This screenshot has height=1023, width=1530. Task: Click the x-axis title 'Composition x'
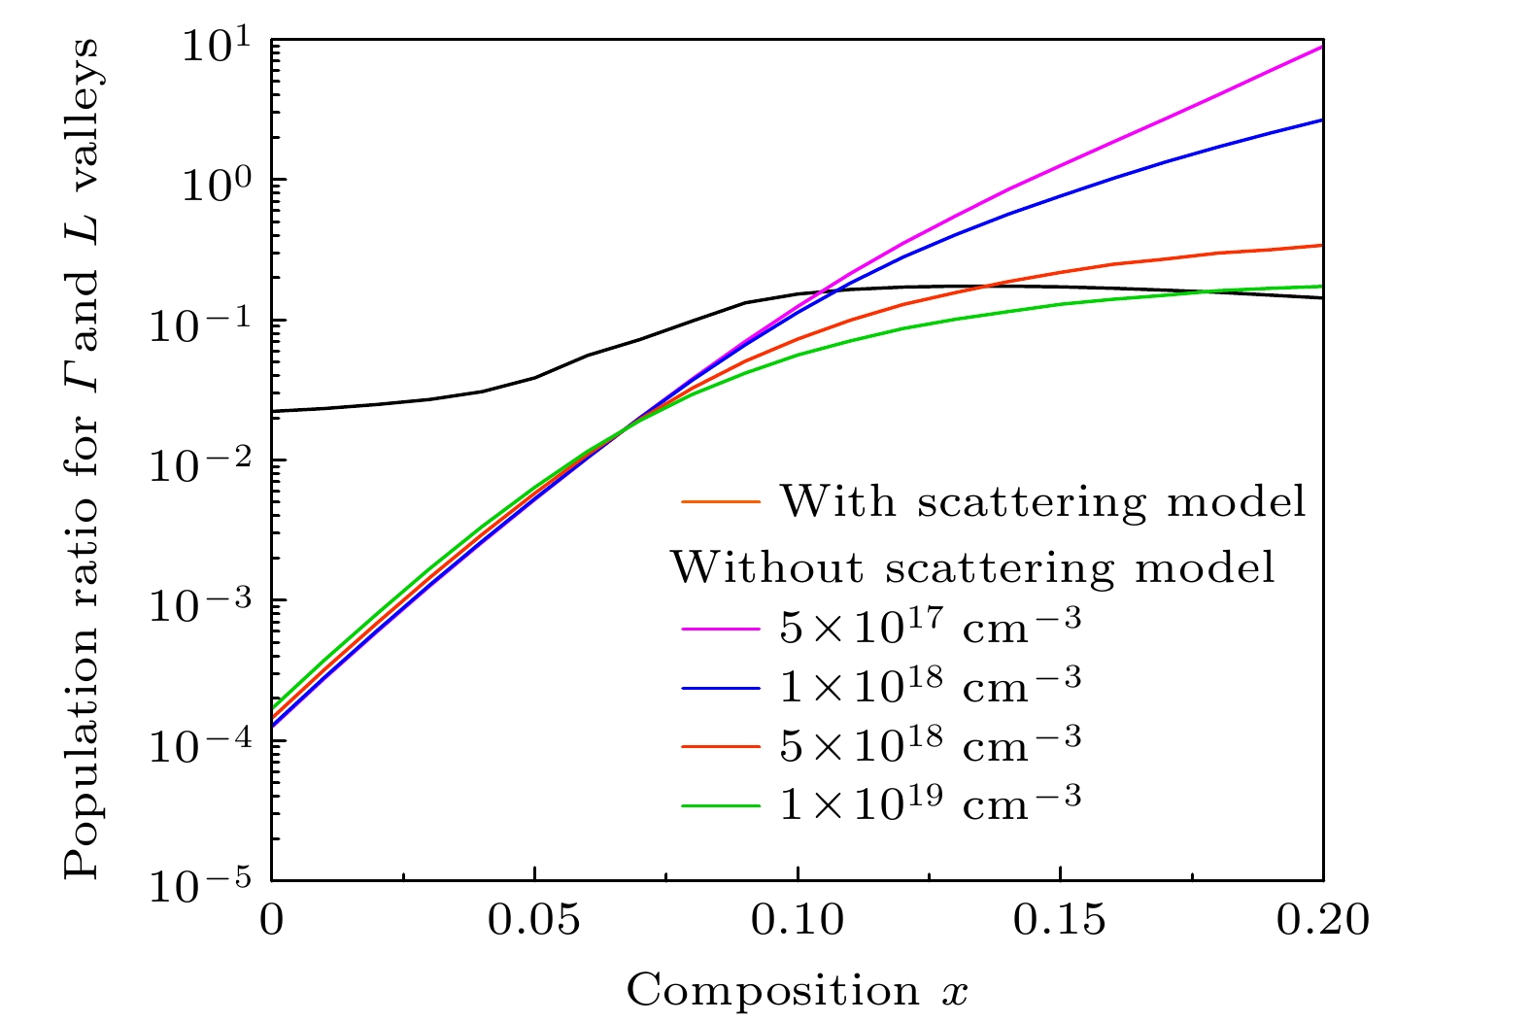[797, 991]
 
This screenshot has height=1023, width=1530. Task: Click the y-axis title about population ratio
[83, 459]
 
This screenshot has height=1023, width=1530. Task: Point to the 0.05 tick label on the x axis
[533, 919]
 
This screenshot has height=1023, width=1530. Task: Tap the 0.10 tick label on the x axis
[797, 919]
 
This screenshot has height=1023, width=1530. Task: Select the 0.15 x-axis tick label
[1060, 919]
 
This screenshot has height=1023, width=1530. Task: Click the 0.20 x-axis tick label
[1322, 919]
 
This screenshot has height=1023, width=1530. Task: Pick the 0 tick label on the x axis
[272, 919]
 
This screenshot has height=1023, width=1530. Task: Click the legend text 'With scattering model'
[1043, 501]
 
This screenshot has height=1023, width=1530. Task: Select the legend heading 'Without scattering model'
[972, 566]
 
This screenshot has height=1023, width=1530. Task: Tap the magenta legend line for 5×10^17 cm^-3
[720, 630]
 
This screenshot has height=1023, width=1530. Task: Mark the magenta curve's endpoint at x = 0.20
[1321, 47]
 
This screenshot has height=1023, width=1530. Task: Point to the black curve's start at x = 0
[273, 411]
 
